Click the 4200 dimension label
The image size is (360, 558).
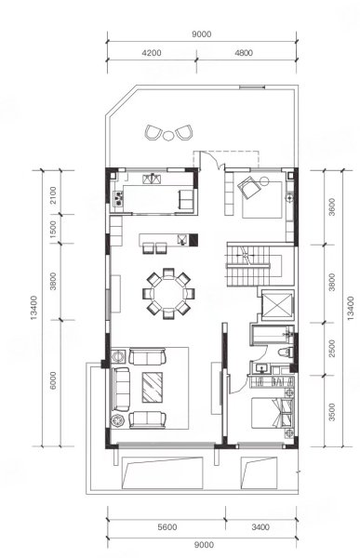pyautogui.click(x=152, y=53)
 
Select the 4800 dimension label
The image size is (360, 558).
pyautogui.click(x=244, y=53)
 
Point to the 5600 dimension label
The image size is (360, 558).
pyautogui.click(x=167, y=527)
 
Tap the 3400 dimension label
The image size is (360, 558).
pyautogui.click(x=260, y=527)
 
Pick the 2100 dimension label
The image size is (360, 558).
pyautogui.click(x=53, y=194)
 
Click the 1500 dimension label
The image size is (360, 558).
pyautogui.click(x=53, y=229)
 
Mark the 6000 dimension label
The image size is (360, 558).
pyautogui.click(x=53, y=380)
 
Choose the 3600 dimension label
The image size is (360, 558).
pyautogui.click(x=332, y=207)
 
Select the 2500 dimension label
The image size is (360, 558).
pyautogui.click(x=332, y=349)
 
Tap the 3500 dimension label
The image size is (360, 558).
pyautogui.click(x=332, y=412)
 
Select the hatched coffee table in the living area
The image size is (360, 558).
pyautogui.click(x=153, y=387)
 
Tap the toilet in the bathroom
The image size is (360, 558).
pyautogui.click(x=286, y=352)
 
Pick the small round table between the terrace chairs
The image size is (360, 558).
pyautogui.click(x=167, y=136)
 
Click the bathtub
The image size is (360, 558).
pyautogui.click(x=272, y=335)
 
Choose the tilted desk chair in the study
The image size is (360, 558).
pyautogui.click(x=250, y=187)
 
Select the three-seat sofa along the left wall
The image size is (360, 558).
pyautogui.click(x=121, y=389)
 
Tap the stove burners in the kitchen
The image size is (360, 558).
pyautogui.click(x=118, y=199)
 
